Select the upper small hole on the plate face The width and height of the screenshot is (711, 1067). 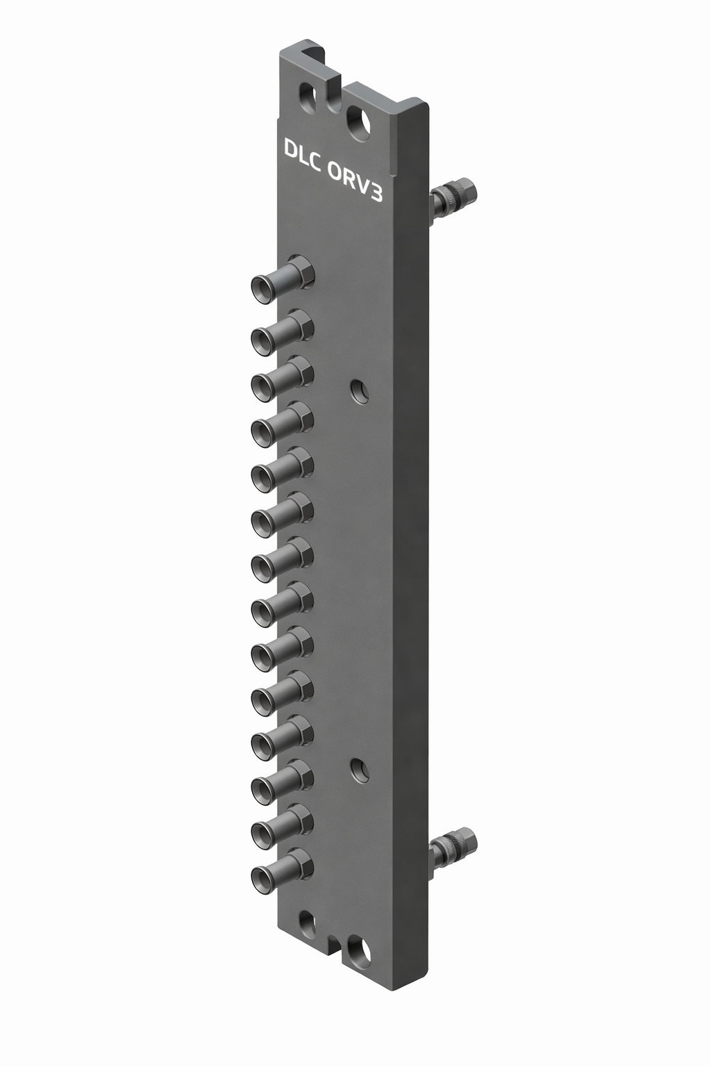pyautogui.click(x=359, y=391)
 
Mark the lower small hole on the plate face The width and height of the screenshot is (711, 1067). pyautogui.click(x=359, y=769)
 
